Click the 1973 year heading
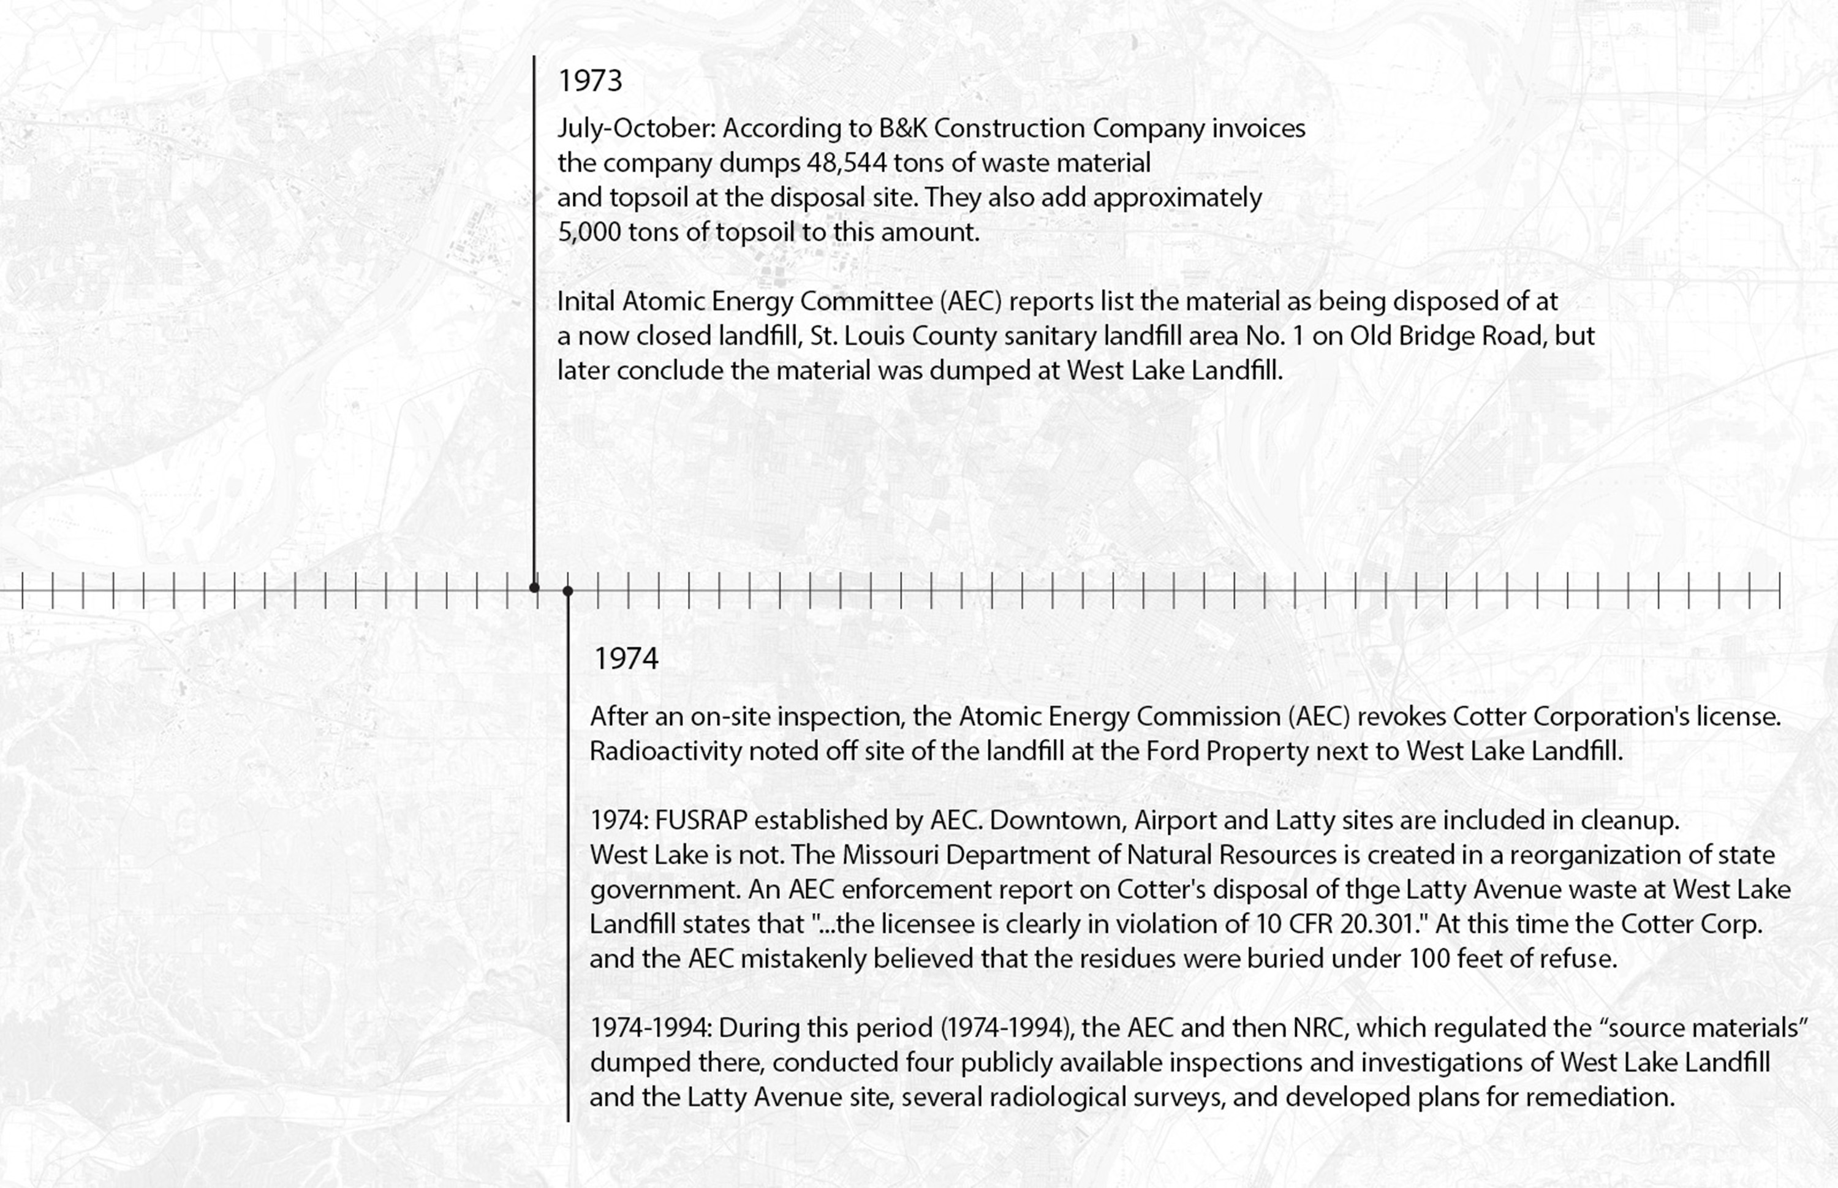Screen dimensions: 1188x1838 pos(590,81)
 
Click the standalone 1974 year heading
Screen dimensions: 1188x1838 pos(626,659)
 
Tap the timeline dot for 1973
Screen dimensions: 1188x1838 pos(534,588)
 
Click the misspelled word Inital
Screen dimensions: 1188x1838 pos(586,301)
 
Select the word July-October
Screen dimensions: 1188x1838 pos(637,129)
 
